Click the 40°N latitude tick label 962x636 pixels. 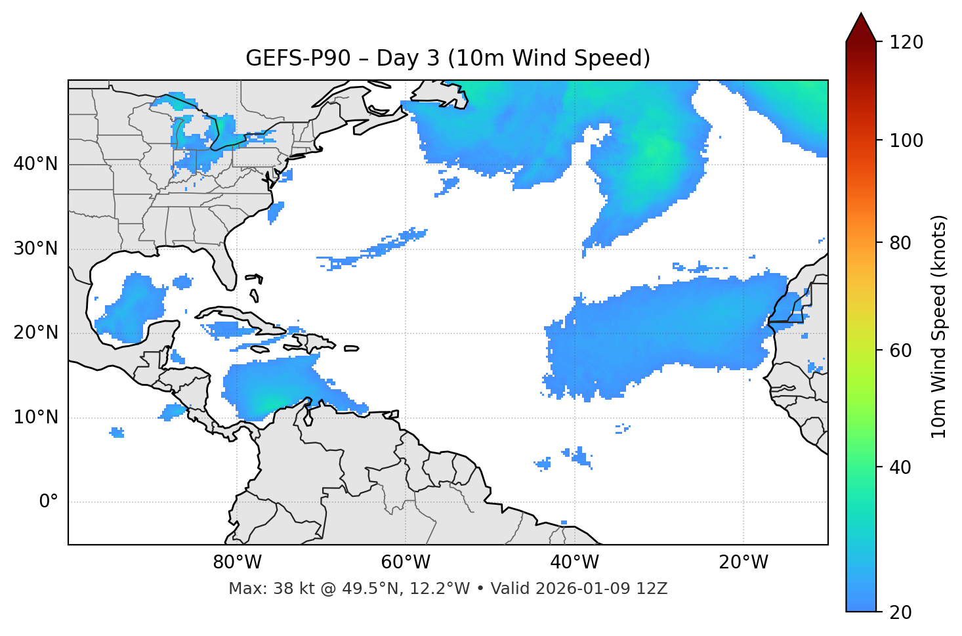[x=35, y=164]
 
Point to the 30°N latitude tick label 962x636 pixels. [x=35, y=249]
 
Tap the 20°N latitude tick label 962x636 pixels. [x=35, y=333]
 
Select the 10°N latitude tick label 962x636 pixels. [x=35, y=417]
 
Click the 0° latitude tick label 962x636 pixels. [x=49, y=502]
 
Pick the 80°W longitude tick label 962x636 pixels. [x=237, y=562]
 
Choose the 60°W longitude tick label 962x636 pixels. [x=406, y=562]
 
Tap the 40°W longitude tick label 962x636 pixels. [x=574, y=562]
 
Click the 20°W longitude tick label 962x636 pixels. [x=743, y=562]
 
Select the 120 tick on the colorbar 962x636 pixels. [x=906, y=43]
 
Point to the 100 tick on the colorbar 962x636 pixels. [x=906, y=140]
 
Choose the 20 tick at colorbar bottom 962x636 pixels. [x=900, y=612]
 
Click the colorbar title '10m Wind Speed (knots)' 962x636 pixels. [x=939, y=327]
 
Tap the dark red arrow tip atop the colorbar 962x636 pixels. [x=861, y=23]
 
